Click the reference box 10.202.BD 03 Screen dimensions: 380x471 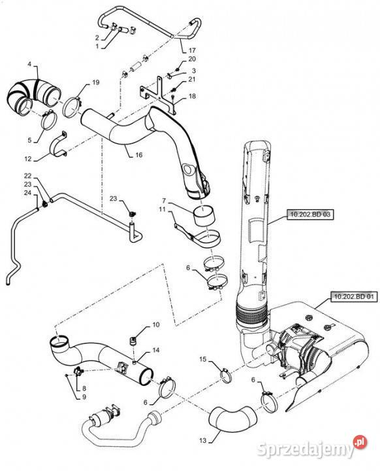tap(310, 215)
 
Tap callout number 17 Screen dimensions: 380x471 tap(192, 50)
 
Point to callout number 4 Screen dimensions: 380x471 tap(29, 64)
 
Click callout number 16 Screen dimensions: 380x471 tap(139, 155)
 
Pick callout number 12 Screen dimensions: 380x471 tap(28, 158)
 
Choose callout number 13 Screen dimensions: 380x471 tap(203, 440)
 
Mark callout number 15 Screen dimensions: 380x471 tap(203, 359)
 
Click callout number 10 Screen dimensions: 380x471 tap(156, 324)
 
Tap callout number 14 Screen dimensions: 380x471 tap(156, 350)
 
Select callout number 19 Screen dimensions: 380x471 tap(96, 82)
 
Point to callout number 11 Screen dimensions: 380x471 tap(163, 209)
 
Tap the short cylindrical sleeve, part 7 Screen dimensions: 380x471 tap(206, 217)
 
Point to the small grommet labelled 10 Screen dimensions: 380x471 tap(133, 341)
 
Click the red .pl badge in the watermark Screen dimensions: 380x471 tap(360, 442)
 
